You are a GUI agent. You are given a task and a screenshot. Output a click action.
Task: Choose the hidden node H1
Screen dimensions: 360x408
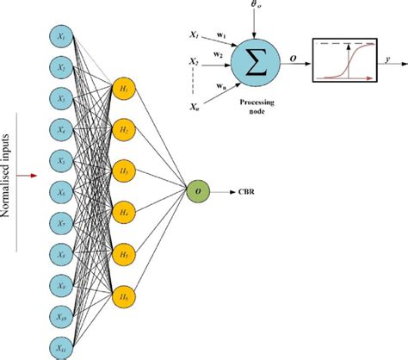(123, 89)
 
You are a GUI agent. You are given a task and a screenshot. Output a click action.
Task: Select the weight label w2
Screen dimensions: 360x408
(220, 54)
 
